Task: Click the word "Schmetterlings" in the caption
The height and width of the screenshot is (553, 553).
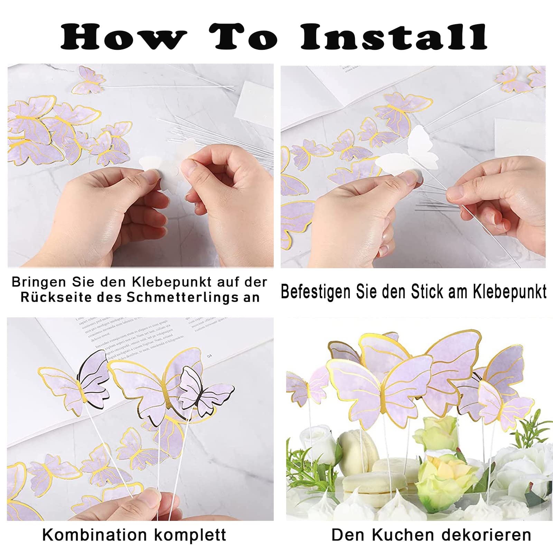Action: [182, 297]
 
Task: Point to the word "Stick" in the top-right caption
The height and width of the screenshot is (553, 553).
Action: [428, 291]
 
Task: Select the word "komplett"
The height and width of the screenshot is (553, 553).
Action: [190, 535]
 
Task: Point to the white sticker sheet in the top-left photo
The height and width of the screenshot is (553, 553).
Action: [254, 100]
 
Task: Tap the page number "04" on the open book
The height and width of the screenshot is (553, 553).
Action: [209, 356]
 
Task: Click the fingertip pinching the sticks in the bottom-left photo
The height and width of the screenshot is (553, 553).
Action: [152, 498]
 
